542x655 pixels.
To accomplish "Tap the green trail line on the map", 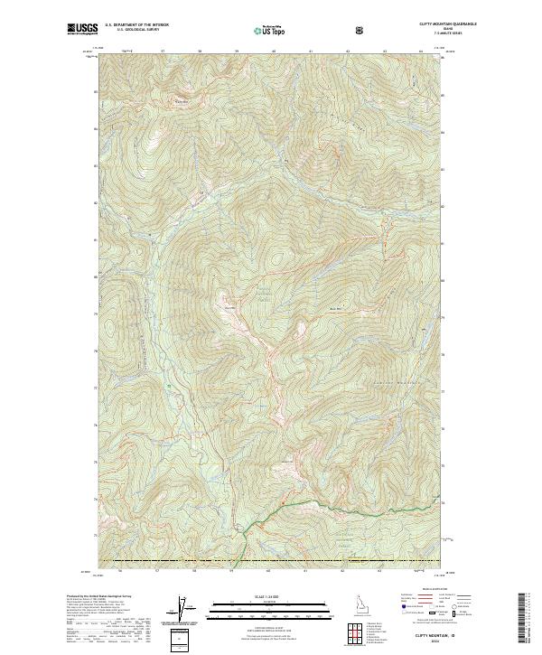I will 361,506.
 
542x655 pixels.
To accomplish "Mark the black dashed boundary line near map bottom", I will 271,560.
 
